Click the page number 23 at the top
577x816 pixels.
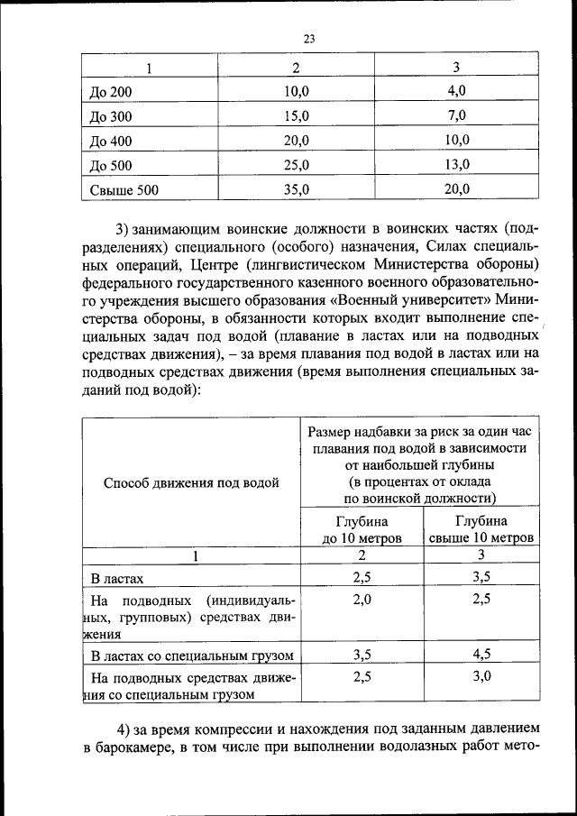click(x=308, y=39)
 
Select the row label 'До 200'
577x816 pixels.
click(x=111, y=93)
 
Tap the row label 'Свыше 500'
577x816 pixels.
click(x=124, y=190)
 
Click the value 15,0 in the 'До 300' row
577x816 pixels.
click(x=296, y=117)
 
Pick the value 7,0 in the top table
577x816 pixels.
click(x=457, y=116)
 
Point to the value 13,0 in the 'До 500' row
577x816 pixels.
click(x=457, y=165)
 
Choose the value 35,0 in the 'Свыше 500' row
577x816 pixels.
click(x=296, y=189)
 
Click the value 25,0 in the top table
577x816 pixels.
click(x=296, y=166)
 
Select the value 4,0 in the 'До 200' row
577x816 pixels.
click(x=457, y=92)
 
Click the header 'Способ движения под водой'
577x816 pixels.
click(x=191, y=482)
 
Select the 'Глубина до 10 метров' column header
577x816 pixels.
click(x=362, y=529)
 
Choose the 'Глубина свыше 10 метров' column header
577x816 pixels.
click(x=481, y=529)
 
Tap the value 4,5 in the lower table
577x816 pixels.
click(x=481, y=655)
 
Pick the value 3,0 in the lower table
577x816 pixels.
click(x=481, y=676)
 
